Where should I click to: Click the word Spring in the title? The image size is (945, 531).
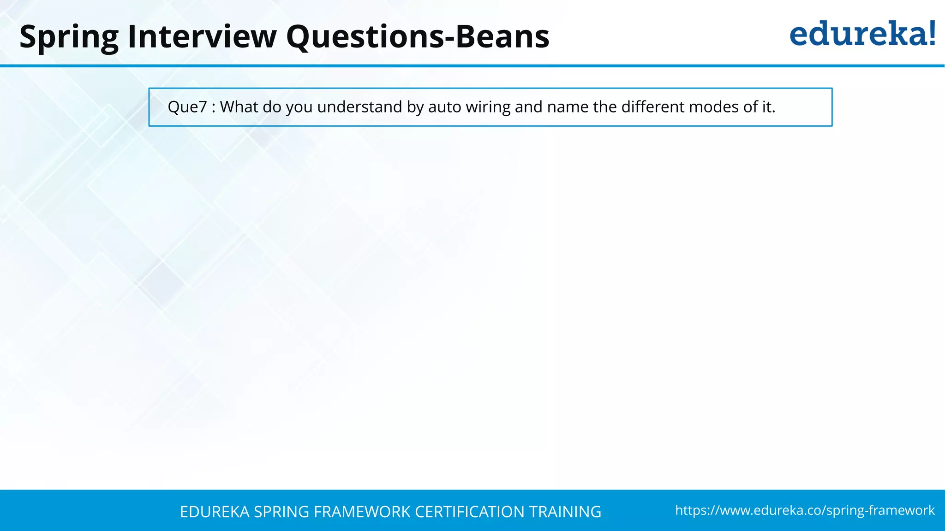click(x=69, y=37)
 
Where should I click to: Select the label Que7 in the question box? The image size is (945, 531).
click(x=187, y=107)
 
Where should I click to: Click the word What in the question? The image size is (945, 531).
click(x=239, y=107)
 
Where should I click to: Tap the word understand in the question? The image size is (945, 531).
click(x=360, y=107)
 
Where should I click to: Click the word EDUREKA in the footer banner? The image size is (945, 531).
click(x=215, y=512)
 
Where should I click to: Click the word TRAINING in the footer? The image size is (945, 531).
click(x=565, y=512)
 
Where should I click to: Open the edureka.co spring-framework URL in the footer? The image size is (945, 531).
click(x=805, y=510)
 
